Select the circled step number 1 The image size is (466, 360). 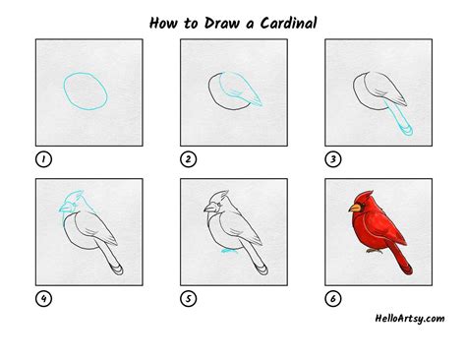(40, 158)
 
